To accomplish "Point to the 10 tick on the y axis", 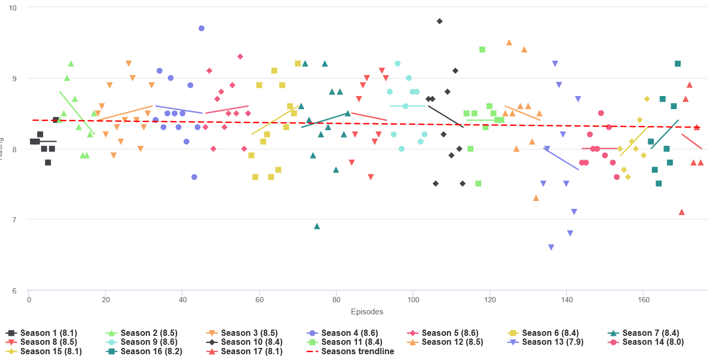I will click(x=13, y=8).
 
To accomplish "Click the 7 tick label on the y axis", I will click(x=14, y=220).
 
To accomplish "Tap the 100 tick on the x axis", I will click(x=413, y=300).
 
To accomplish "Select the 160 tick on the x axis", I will click(x=643, y=300).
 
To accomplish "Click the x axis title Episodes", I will click(x=367, y=312).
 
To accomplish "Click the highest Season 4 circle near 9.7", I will click(x=202, y=28).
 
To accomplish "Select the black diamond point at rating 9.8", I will click(x=440, y=21).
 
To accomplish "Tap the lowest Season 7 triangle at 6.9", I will click(x=317, y=226).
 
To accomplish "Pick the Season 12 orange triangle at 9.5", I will click(x=509, y=43).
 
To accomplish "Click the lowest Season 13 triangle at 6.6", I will click(x=551, y=247).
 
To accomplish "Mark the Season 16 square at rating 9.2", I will click(x=678, y=63).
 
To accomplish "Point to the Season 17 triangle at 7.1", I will click(x=682, y=212).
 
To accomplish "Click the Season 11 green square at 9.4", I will click(x=482, y=49).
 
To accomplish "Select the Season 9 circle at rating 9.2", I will click(x=398, y=63).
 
